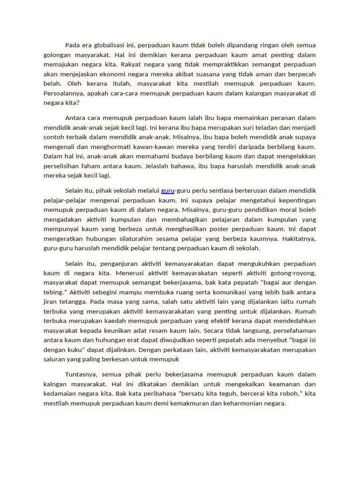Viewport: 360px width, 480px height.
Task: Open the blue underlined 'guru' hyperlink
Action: [167, 191]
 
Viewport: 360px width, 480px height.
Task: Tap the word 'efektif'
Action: [243, 321]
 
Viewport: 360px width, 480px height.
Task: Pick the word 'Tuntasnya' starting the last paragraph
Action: [81, 375]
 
